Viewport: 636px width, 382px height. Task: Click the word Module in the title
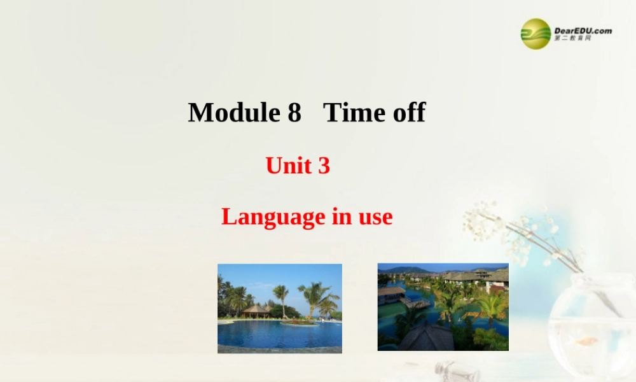233,113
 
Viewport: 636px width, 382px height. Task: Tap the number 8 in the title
293,113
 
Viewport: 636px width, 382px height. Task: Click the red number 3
324,166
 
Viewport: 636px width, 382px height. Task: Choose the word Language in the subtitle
273,217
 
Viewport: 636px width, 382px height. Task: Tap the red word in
338,217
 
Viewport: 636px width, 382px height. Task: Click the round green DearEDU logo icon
536,33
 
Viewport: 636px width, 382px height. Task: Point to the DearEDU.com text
583,30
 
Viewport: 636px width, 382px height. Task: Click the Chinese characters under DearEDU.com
572,39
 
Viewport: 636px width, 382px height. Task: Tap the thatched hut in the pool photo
256,311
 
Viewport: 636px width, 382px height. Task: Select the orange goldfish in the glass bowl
587,341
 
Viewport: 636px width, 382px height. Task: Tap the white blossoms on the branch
502,223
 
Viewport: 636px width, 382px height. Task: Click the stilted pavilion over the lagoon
392,295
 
